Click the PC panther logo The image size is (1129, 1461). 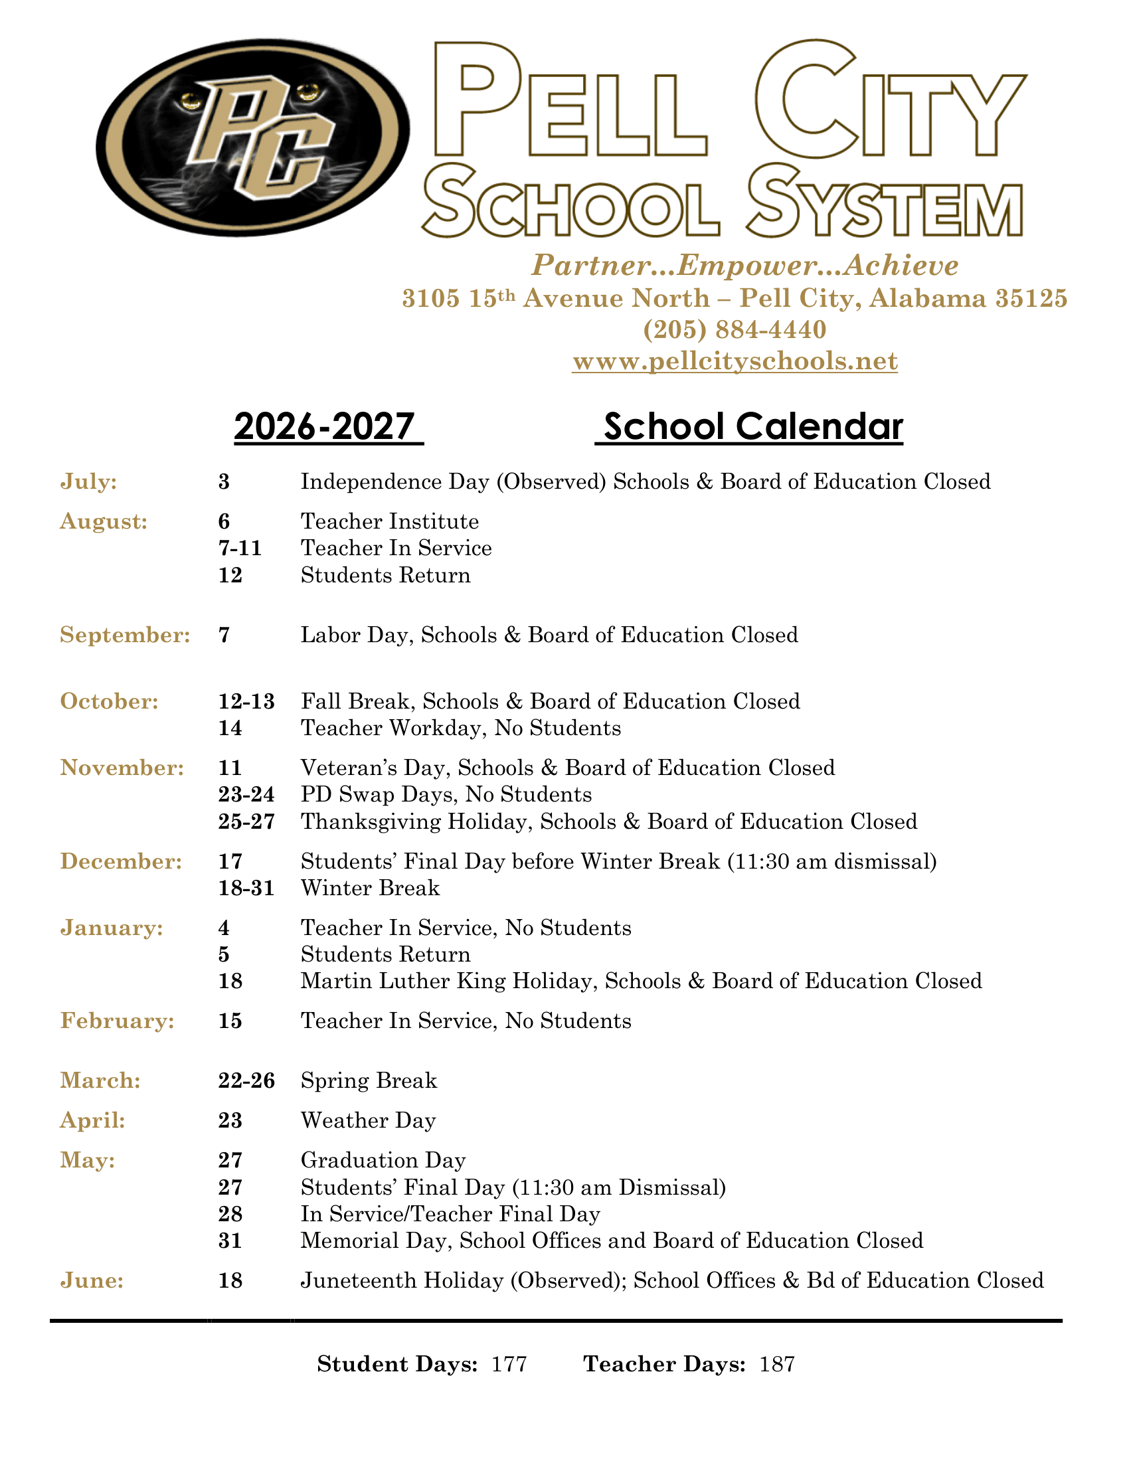[x=253, y=137]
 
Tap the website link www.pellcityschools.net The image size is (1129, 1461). [x=735, y=361]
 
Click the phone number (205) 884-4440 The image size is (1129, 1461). [x=735, y=330]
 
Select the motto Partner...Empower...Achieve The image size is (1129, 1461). [x=745, y=266]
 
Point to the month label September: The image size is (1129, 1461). [x=125, y=635]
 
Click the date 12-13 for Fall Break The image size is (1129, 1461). [x=246, y=701]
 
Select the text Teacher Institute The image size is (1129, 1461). [x=389, y=521]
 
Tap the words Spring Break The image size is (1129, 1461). [x=369, y=1080]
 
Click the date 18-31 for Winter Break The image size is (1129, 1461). [x=246, y=888]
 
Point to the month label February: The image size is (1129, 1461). [x=117, y=1021]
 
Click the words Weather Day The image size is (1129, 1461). [x=368, y=1120]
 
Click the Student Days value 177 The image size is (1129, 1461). [x=509, y=1364]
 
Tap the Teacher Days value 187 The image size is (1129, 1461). [x=776, y=1364]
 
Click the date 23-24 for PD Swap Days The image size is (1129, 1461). [x=246, y=794]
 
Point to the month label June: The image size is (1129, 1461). [x=92, y=1280]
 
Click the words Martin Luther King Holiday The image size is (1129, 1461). [x=450, y=981]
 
